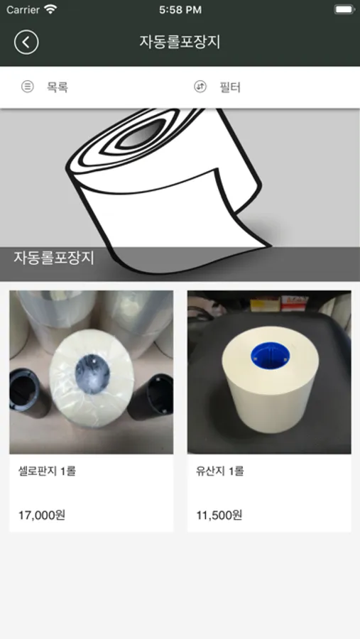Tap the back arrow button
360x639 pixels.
[x=26, y=43]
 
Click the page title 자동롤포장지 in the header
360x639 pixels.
[x=180, y=42]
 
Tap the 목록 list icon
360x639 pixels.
[x=27, y=87]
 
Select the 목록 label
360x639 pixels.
[x=57, y=87]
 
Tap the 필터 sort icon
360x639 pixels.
[x=200, y=87]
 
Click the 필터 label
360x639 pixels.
[x=230, y=87]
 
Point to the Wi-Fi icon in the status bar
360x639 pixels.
[x=50, y=9]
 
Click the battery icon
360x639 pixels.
[x=344, y=9]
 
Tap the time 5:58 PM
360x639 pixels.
[x=180, y=10]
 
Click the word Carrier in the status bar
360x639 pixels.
[x=23, y=10]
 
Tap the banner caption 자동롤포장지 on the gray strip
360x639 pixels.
[x=54, y=258]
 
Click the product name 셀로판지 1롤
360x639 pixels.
[x=47, y=471]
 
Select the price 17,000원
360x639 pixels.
[x=42, y=515]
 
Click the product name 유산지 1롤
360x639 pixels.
[x=219, y=471]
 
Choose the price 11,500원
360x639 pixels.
[x=219, y=515]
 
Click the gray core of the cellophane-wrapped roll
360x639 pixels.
[x=92, y=373]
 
